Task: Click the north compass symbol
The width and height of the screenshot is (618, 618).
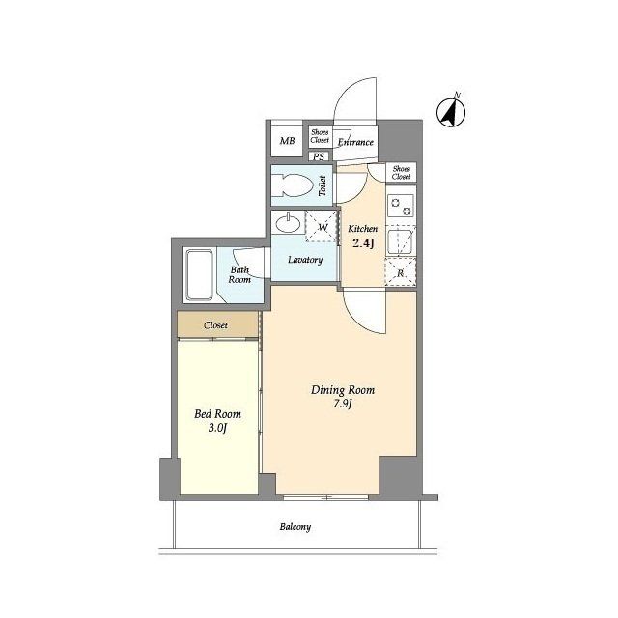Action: click(451, 112)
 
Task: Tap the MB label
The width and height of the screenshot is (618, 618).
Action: click(288, 141)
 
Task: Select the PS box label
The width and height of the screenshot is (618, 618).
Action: click(319, 156)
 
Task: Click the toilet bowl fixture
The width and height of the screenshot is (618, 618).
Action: click(292, 184)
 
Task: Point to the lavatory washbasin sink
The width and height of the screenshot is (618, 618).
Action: click(288, 224)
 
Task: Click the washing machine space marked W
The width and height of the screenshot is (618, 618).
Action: click(322, 227)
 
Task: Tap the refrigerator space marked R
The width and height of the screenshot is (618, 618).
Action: click(401, 272)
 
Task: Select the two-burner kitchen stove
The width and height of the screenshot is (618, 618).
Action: click(401, 206)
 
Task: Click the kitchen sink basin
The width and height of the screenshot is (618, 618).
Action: click(400, 240)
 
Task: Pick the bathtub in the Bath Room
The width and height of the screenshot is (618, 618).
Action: click(200, 274)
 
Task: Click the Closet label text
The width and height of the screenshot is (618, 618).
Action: click(215, 325)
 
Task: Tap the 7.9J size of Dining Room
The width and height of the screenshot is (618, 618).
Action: click(342, 404)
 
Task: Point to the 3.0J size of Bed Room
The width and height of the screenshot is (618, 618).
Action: click(217, 428)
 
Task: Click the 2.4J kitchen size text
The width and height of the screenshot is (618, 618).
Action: click(363, 243)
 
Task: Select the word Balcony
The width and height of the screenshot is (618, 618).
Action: click(295, 527)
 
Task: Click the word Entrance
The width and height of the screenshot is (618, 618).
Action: click(355, 142)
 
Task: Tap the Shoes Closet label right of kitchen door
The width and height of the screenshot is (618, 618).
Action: click(402, 173)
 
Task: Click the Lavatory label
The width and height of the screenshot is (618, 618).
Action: click(305, 260)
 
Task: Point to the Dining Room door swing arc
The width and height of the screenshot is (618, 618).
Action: click(358, 320)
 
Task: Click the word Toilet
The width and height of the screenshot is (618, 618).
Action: click(323, 185)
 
